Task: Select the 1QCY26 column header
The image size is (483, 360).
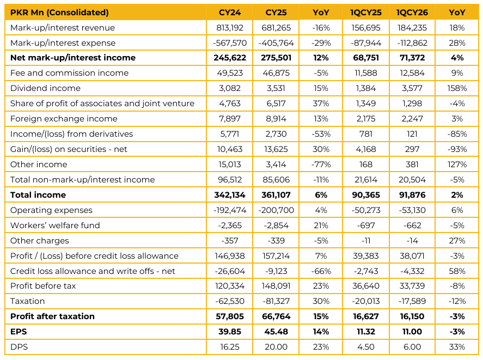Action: click(x=409, y=12)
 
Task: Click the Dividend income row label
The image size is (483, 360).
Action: click(x=45, y=88)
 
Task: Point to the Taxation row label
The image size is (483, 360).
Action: click(x=27, y=301)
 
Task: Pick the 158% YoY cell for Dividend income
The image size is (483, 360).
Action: click(x=457, y=88)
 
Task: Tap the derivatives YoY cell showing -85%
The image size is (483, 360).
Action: click(x=457, y=134)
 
